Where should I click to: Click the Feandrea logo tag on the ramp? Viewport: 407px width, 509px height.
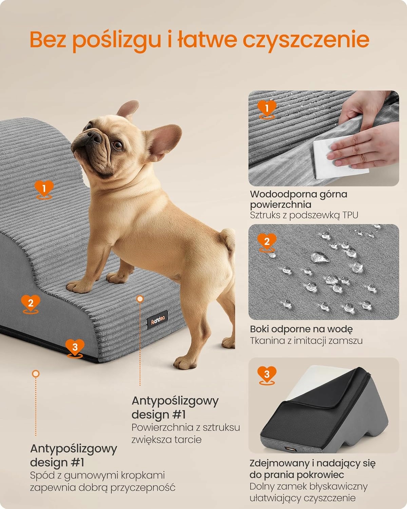pyautogui.click(x=157, y=320)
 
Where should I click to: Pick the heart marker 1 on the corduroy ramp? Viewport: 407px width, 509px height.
pyautogui.click(x=44, y=190)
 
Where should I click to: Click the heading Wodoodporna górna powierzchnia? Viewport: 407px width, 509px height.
pyautogui.click(x=298, y=199)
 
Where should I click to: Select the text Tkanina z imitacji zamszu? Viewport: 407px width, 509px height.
pyautogui.click(x=306, y=341)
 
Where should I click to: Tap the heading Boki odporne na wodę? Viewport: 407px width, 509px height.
pyautogui.click(x=301, y=329)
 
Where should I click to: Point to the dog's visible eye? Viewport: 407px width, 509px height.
pyautogui.click(x=118, y=145)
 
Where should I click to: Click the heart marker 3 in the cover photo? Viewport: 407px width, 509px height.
pyautogui.click(x=267, y=375)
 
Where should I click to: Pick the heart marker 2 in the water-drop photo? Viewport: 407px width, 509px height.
pyautogui.click(x=267, y=243)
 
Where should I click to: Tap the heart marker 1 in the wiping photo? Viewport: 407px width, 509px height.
pyautogui.click(x=267, y=109)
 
